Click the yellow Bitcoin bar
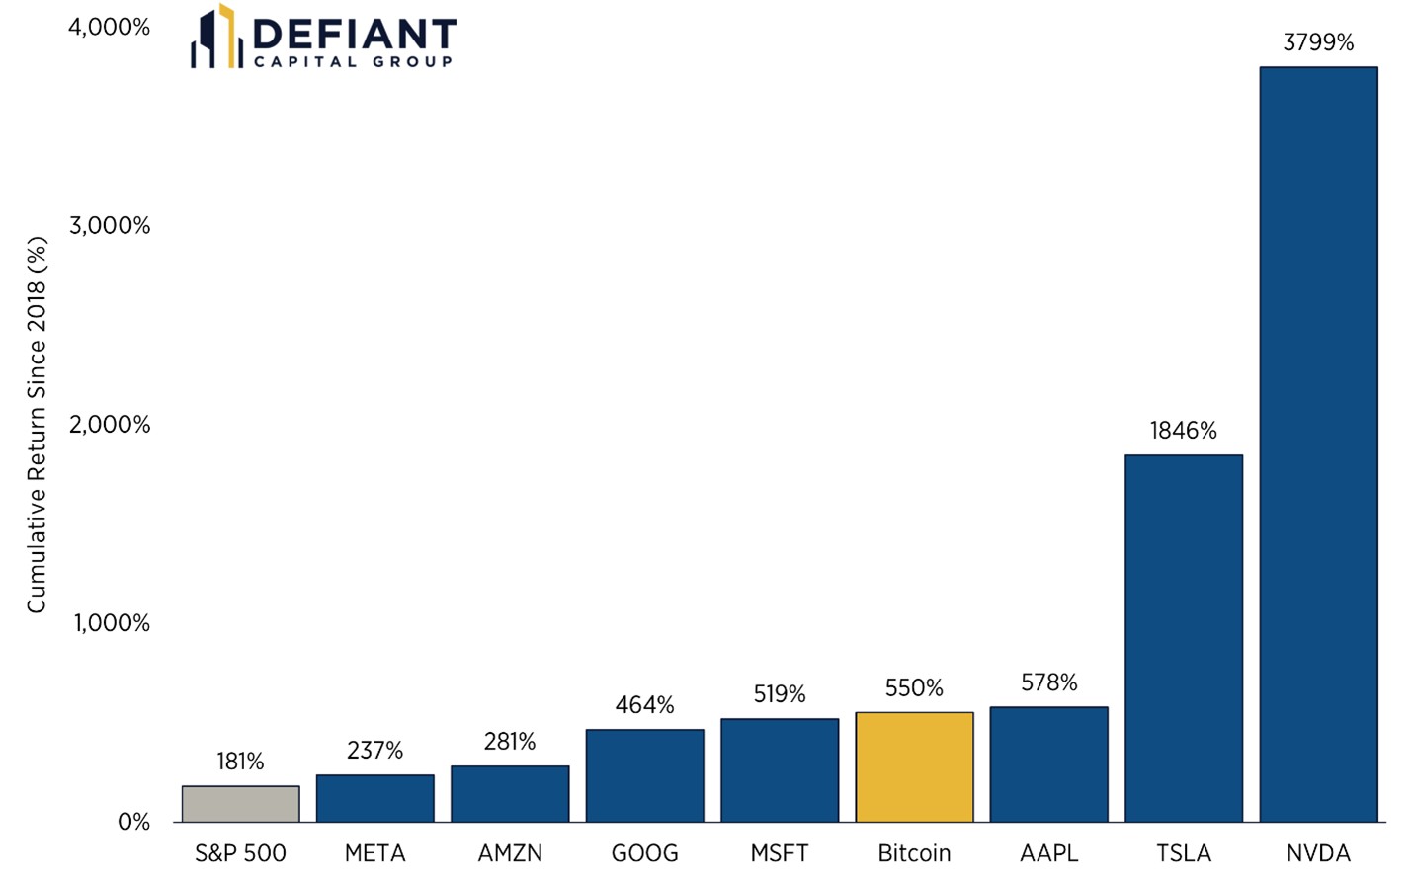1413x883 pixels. click(x=914, y=767)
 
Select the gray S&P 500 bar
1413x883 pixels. click(x=240, y=804)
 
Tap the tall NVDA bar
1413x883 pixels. click(x=1318, y=444)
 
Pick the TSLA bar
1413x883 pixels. click(x=1183, y=638)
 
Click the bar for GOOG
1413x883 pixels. click(x=644, y=775)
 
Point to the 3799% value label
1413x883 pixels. click(x=1318, y=42)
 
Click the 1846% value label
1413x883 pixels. click(x=1183, y=431)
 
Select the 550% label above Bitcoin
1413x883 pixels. click(x=914, y=688)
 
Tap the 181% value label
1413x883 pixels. click(x=240, y=762)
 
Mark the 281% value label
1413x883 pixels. click(x=510, y=742)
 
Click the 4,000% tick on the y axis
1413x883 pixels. click(x=109, y=28)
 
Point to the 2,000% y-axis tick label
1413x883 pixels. click(x=109, y=425)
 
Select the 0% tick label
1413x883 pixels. click(x=133, y=823)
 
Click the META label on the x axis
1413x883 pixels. click(x=374, y=853)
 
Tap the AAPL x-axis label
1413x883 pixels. click(x=1048, y=853)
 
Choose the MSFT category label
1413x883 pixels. click(x=779, y=853)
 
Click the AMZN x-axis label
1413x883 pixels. click(x=510, y=853)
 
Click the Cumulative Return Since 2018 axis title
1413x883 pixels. click(x=37, y=425)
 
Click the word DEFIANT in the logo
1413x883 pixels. click(x=354, y=34)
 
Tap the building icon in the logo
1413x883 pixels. click(x=216, y=38)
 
